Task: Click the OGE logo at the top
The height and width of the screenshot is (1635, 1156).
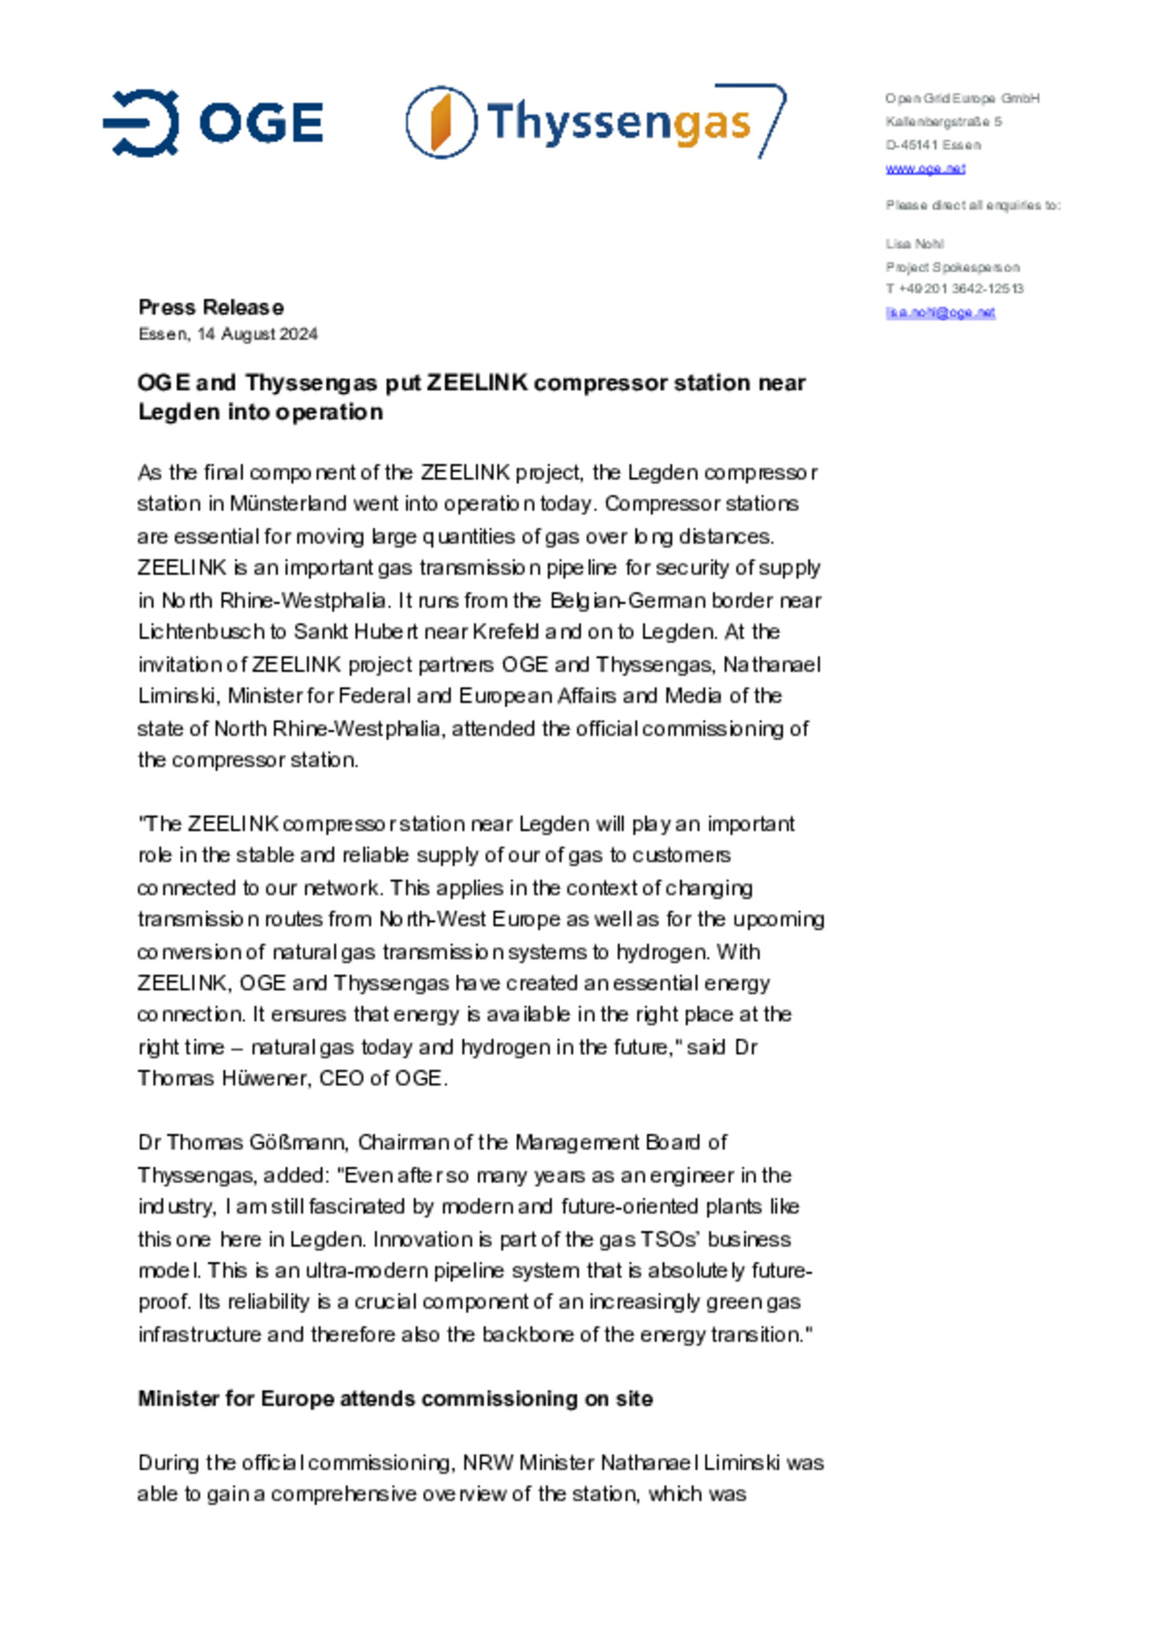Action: (213, 123)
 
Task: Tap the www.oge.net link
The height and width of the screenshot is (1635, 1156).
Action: (925, 168)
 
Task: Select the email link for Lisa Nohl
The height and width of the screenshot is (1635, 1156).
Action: (940, 313)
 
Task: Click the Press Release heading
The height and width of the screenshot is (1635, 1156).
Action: (210, 307)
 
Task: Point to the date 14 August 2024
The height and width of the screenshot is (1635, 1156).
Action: (257, 335)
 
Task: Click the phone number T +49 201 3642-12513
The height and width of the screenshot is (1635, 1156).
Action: (955, 289)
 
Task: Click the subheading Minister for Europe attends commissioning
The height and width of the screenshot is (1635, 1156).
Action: (395, 1398)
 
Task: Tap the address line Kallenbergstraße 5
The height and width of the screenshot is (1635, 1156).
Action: (943, 122)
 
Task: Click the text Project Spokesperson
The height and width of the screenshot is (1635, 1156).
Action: (952, 267)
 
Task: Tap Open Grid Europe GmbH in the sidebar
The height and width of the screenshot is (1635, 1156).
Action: (962, 99)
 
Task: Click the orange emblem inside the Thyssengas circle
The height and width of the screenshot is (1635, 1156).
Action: (441, 122)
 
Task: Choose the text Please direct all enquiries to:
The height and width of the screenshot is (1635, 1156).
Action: (973, 205)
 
